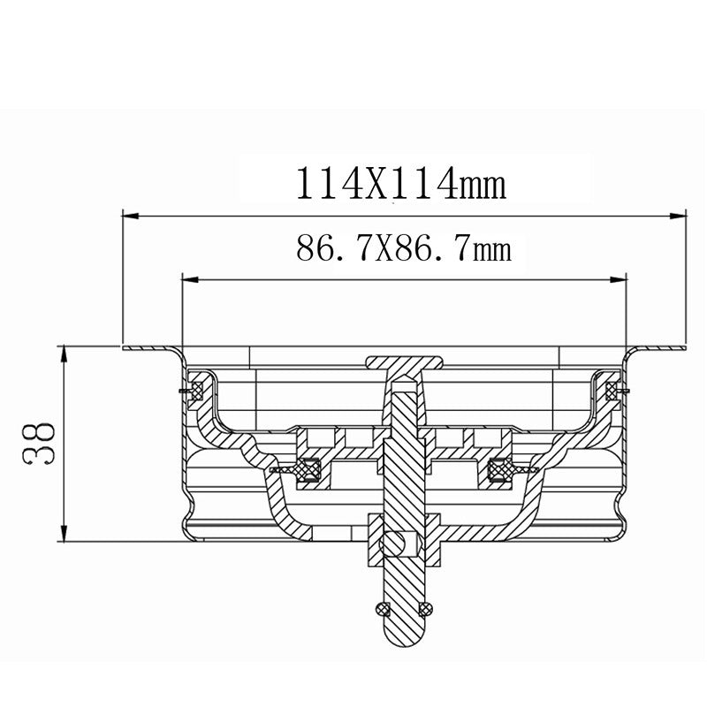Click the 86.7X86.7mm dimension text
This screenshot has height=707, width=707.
403,250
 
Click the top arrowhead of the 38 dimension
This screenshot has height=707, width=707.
65,353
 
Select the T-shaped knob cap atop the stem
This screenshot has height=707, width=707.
404,362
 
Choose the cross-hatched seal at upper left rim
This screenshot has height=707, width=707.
197,388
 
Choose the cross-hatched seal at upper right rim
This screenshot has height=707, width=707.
611,388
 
